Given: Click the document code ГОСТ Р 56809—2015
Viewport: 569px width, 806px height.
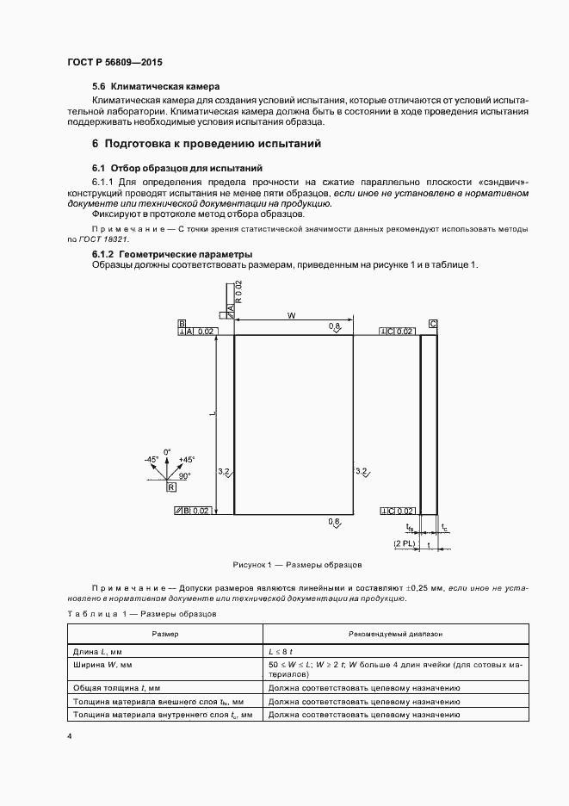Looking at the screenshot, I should coord(114,64).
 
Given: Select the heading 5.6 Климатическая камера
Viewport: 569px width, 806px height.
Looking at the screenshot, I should coord(156,87).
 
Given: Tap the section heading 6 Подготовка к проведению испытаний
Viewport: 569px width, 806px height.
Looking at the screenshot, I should coord(206,144).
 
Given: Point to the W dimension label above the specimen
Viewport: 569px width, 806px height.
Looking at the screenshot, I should coord(292,316).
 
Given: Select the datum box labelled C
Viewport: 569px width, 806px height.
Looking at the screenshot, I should coord(432,324).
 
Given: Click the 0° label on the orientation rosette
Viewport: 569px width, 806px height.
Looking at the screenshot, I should coord(169,451).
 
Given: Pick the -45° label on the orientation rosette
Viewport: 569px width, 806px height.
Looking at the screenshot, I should coord(152,460).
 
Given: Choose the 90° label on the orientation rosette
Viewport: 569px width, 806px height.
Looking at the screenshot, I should coord(184,474).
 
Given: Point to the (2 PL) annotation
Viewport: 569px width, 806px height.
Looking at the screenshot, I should coord(403,545).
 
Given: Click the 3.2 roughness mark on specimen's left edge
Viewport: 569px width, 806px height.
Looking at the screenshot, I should coord(224,471).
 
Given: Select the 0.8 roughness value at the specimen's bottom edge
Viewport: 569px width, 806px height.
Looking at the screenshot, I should coord(335,522).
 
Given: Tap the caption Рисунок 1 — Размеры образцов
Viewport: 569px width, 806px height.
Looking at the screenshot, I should coord(297,565).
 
